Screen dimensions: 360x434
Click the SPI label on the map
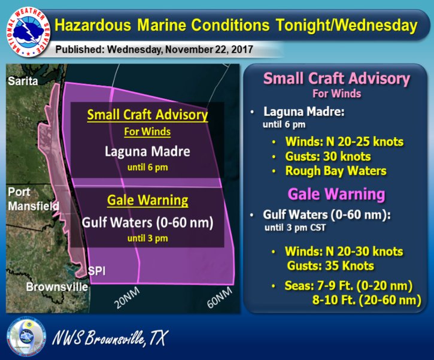pos(96,271)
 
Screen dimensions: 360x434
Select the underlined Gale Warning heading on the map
pos(147,200)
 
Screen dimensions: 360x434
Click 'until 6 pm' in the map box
pos(147,167)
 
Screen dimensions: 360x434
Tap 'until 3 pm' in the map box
pos(147,238)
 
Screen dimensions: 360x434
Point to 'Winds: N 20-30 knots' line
pos(342,252)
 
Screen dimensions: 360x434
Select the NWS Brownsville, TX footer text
pos(110,338)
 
